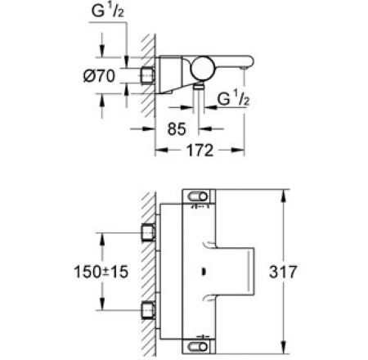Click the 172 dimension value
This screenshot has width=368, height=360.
(200, 150)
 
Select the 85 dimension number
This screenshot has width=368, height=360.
(177, 128)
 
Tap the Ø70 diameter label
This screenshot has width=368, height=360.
(99, 76)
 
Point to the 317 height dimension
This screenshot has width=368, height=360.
(283, 272)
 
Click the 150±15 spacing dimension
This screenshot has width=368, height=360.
(101, 272)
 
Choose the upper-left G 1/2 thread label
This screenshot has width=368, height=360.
(107, 11)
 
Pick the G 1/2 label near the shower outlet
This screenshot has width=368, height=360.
(233, 99)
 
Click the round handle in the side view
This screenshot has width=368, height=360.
(203, 69)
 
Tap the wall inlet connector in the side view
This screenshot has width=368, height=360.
(148, 74)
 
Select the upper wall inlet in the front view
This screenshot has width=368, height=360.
(149, 232)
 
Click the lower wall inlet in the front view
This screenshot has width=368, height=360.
(149, 310)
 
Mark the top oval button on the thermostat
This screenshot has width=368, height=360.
(198, 196)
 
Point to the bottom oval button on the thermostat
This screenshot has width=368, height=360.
(198, 347)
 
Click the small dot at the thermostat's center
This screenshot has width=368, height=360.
(203, 272)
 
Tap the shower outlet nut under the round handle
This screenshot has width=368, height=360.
(199, 87)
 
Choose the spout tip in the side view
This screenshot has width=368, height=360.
(242, 68)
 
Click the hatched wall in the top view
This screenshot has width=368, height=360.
(149, 76)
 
